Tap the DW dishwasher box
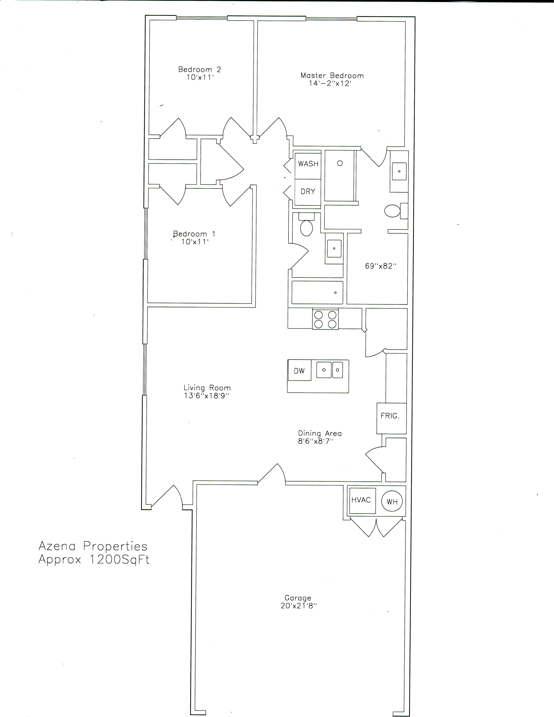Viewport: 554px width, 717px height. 299,370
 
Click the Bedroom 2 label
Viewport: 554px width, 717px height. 200,69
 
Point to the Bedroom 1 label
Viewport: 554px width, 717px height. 194,234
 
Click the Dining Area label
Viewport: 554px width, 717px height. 320,433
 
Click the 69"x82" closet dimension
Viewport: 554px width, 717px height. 381,266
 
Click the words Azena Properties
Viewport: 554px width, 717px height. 93,546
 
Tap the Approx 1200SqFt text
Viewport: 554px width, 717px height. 94,559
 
